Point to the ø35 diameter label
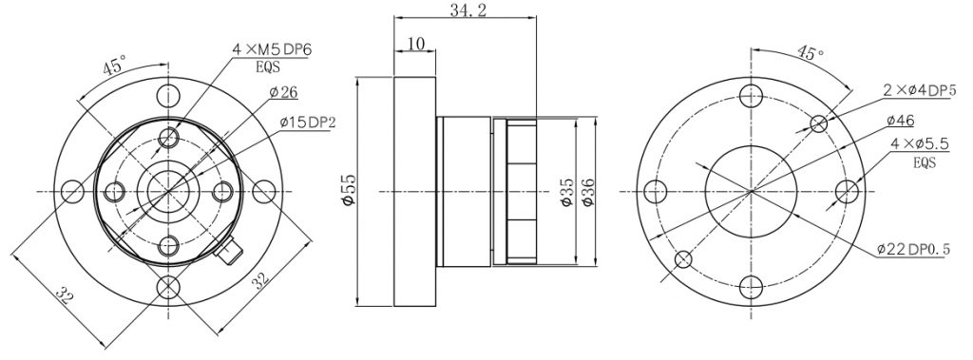(565, 193)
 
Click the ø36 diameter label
(587, 193)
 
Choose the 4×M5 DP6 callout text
(271, 49)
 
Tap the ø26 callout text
(283, 92)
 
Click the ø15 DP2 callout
(307, 123)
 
